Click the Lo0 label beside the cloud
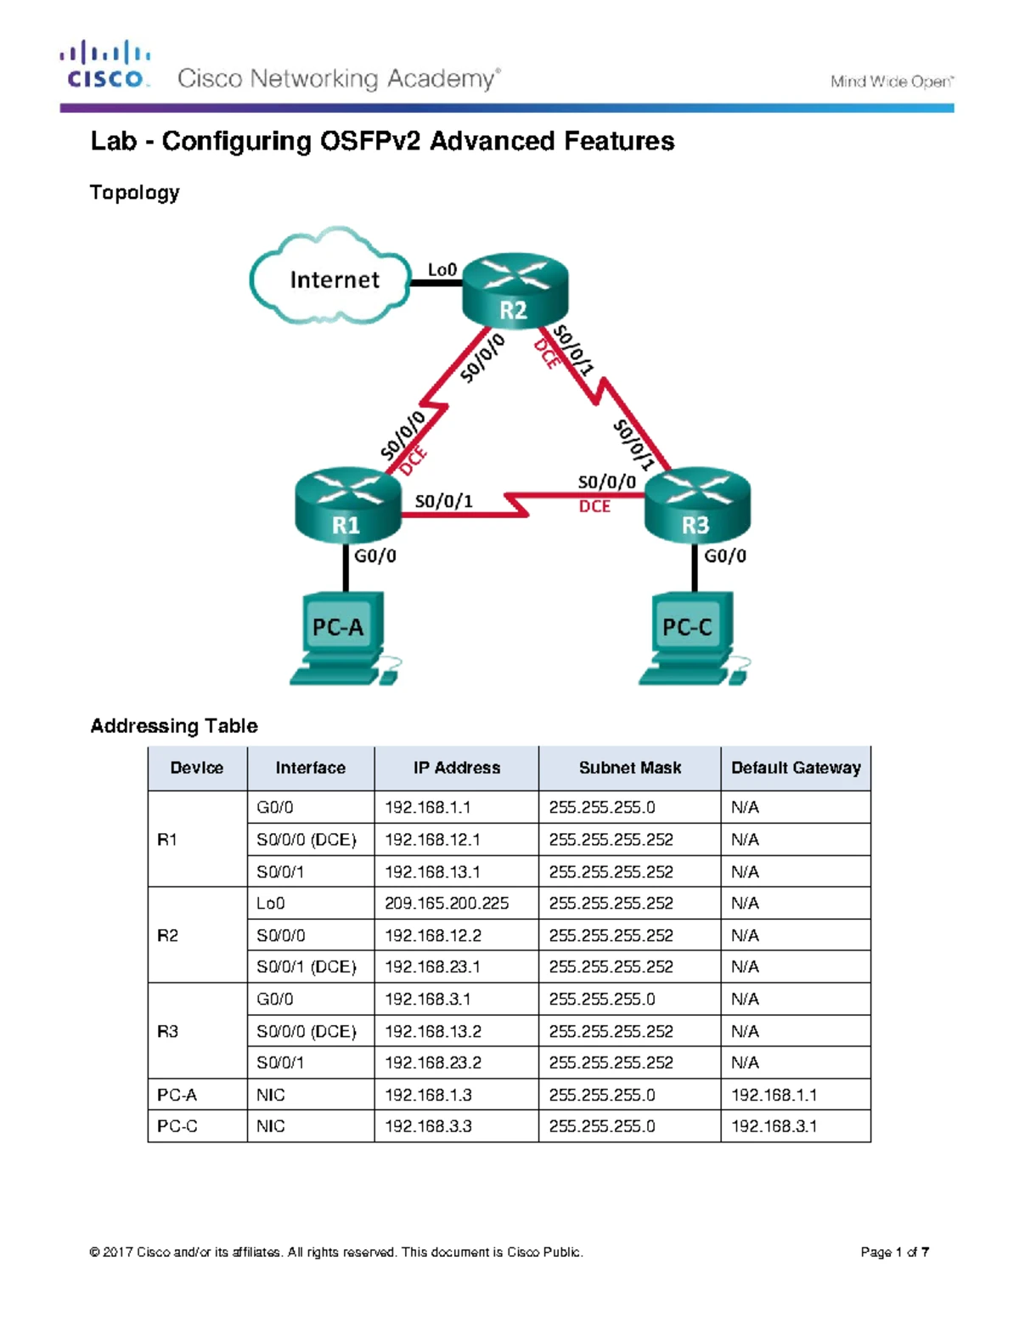tap(442, 269)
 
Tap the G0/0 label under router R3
tap(725, 555)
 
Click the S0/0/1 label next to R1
tap(443, 502)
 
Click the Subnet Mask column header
tap(629, 768)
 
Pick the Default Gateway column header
tap(796, 768)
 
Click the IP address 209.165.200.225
tap(447, 904)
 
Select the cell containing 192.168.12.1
tap(432, 840)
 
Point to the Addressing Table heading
tap(174, 726)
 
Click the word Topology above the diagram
tap(135, 193)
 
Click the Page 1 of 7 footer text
tap(894, 1252)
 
